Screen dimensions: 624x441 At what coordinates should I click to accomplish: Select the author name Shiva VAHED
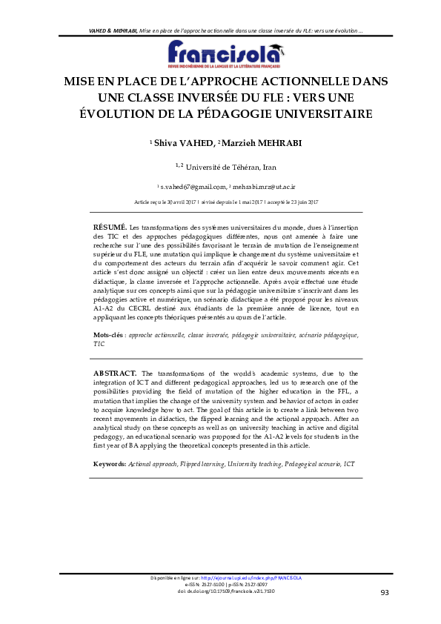click(x=176, y=142)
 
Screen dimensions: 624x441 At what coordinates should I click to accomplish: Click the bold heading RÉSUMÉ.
click(x=110, y=225)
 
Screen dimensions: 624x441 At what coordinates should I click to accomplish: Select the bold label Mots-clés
click(x=109, y=336)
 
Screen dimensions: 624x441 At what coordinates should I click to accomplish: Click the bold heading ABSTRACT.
click(x=115, y=373)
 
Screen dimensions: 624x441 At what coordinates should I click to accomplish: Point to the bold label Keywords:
click(x=110, y=464)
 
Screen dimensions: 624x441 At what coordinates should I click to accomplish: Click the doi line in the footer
click(x=220, y=591)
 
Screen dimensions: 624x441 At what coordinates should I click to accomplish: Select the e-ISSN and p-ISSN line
click(x=220, y=584)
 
